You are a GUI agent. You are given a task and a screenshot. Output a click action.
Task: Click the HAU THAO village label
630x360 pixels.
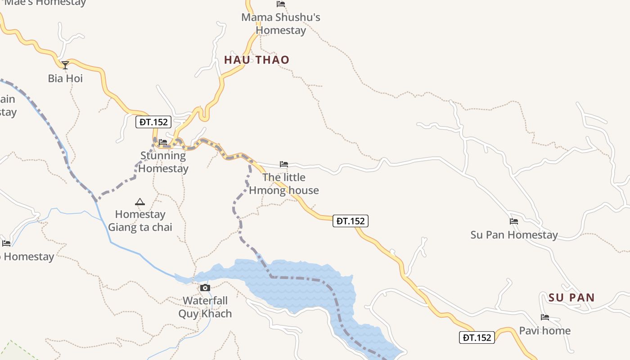[x=256, y=60]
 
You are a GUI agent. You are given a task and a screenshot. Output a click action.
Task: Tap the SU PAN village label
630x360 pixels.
[x=571, y=297]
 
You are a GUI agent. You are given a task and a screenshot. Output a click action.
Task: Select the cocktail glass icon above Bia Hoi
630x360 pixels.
[x=65, y=65]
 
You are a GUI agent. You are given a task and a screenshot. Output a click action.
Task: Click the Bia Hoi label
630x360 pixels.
[x=65, y=78]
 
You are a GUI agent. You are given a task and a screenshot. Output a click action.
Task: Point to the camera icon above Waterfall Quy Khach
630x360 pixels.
[x=205, y=288]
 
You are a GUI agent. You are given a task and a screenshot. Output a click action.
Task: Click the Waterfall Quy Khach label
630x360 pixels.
[x=205, y=307]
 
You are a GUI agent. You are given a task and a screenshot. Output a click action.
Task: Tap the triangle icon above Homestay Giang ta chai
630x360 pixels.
[x=140, y=202]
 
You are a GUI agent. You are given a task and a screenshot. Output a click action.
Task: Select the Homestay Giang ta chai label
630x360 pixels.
[x=140, y=220]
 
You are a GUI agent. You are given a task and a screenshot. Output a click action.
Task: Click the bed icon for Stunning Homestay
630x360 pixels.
[x=163, y=142]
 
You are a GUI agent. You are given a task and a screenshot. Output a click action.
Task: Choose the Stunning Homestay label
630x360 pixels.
[x=163, y=162]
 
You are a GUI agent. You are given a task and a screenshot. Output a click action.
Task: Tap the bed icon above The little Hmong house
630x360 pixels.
[x=284, y=164]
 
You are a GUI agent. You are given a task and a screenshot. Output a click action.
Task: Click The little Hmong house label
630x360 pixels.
[x=284, y=184]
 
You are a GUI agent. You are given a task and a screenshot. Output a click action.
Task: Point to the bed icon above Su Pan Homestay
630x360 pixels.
[x=514, y=221]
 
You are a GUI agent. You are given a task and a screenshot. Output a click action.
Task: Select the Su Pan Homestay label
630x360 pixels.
[x=514, y=234]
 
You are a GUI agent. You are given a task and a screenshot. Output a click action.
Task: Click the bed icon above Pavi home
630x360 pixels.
[x=545, y=317]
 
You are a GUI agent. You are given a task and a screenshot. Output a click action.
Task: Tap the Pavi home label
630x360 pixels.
[x=545, y=331]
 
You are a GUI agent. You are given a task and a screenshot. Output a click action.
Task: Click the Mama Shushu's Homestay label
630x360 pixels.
[x=281, y=24]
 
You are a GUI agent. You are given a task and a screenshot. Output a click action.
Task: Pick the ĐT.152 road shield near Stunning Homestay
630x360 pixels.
[x=153, y=122]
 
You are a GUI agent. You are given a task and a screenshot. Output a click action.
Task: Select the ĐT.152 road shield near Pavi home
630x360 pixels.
[x=477, y=337]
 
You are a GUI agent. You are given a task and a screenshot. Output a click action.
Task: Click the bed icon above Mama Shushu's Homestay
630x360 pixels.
[x=281, y=4]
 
